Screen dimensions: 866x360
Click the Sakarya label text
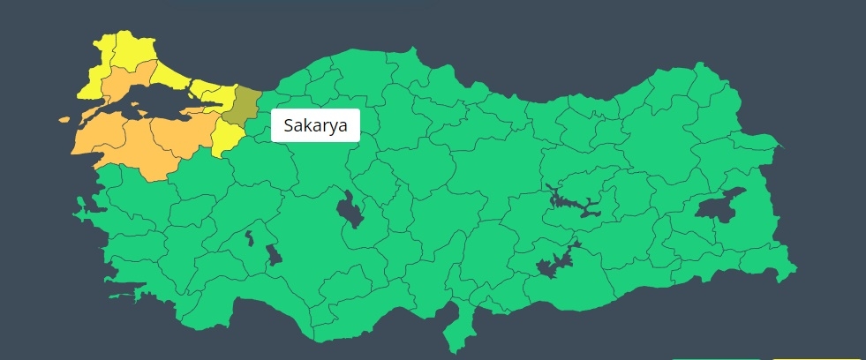click(x=316, y=125)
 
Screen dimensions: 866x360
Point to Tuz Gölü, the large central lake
click(x=350, y=210)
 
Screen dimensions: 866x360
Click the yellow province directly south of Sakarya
click(x=226, y=137)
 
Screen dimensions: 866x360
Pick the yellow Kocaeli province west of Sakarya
click(x=212, y=92)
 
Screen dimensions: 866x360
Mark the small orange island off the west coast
click(x=64, y=120)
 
